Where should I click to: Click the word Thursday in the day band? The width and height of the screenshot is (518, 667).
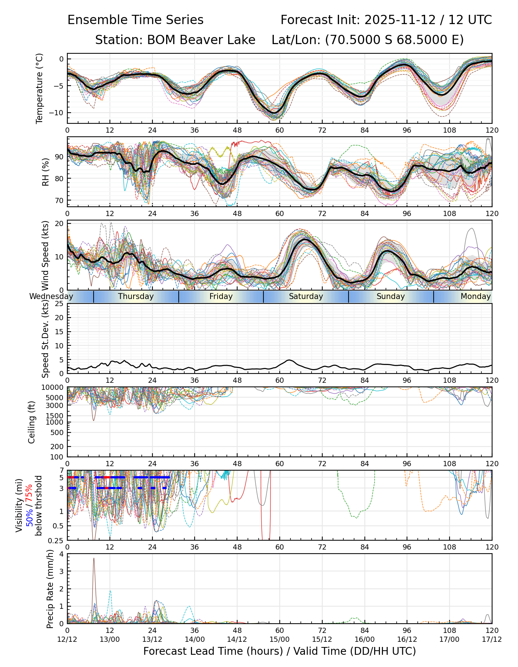(136, 296)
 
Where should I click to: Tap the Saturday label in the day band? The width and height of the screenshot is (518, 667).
(306, 296)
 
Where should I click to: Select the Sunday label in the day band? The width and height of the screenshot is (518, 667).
(391, 296)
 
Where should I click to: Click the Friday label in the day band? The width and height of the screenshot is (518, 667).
(221, 296)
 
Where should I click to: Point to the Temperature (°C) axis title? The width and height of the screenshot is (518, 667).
(40, 88)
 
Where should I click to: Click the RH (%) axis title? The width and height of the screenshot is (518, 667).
(46, 172)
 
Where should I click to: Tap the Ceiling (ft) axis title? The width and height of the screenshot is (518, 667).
(32, 422)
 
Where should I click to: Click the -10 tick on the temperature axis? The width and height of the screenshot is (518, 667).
(58, 113)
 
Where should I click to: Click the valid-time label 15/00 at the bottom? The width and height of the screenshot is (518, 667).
(280, 639)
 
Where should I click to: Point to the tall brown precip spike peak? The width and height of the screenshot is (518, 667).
(94, 558)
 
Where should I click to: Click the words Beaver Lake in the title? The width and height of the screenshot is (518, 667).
(201, 40)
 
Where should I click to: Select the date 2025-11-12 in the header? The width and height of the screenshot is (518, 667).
(400, 20)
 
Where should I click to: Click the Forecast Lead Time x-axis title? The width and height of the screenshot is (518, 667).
(279, 651)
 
